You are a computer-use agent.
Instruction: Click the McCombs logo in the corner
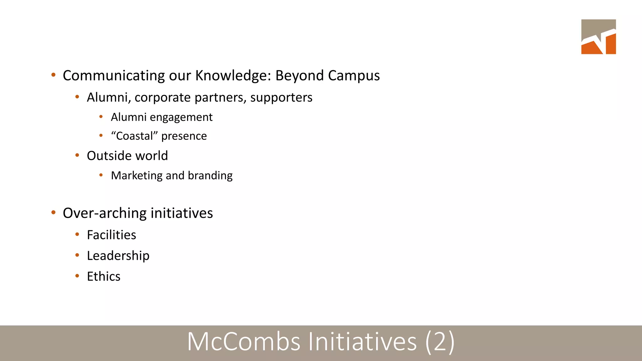(598, 37)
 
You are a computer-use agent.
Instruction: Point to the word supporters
(281, 97)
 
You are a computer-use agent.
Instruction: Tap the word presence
(184, 136)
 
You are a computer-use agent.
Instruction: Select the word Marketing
(137, 175)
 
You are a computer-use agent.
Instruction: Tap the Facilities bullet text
(111, 235)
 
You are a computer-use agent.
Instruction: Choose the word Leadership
(118, 256)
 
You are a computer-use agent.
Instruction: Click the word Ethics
(103, 276)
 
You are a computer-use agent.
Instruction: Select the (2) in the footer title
(440, 342)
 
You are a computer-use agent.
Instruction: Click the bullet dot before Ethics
(77, 276)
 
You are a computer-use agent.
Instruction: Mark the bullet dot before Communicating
(53, 75)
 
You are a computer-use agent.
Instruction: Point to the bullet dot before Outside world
(77, 155)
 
